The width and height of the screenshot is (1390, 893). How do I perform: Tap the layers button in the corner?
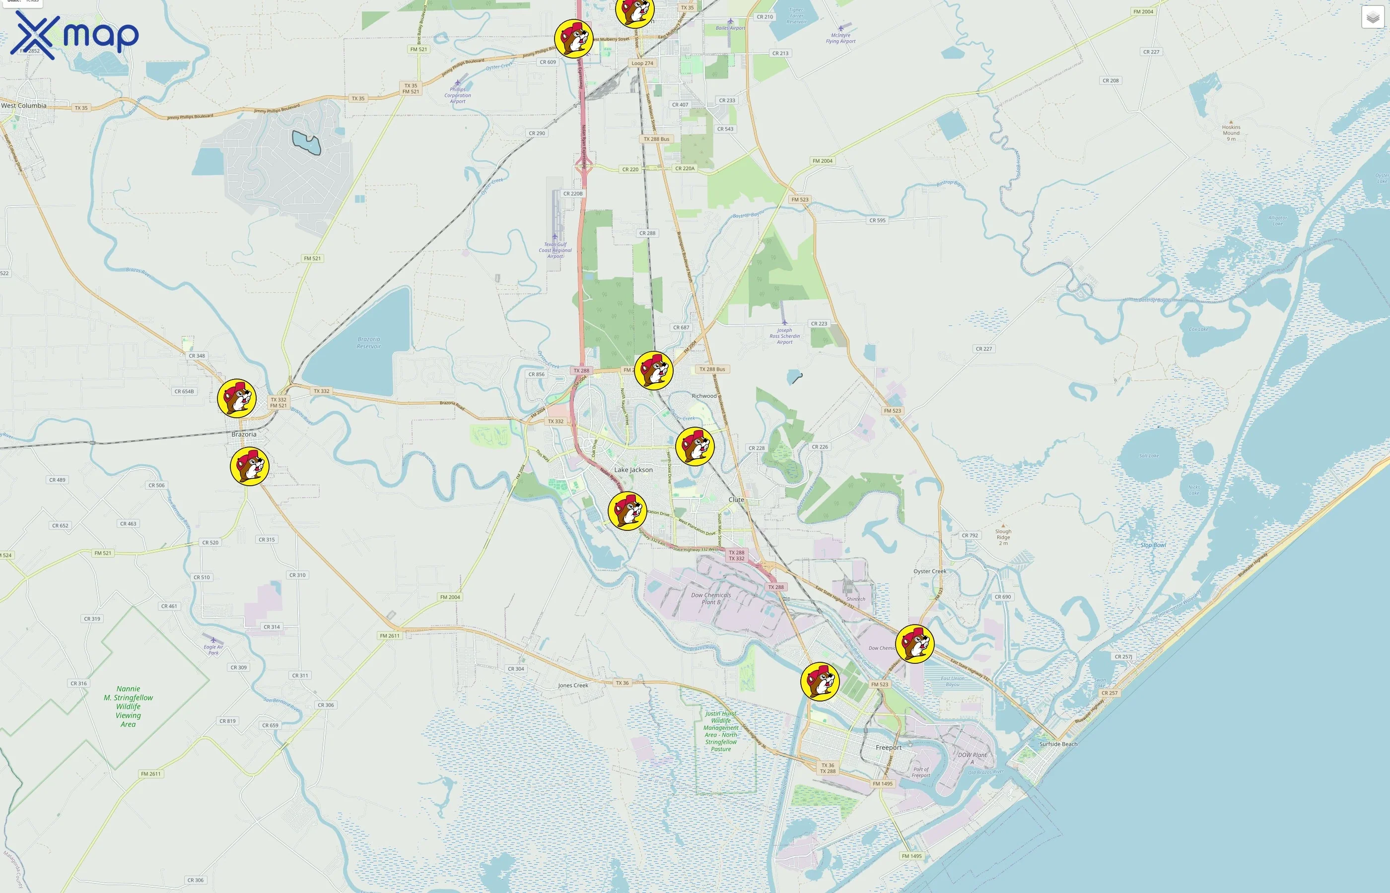[x=1372, y=17]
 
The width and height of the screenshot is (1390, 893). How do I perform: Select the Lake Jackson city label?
[x=633, y=470]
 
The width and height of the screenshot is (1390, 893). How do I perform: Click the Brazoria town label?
[x=244, y=434]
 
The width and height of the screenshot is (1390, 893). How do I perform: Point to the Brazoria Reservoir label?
[x=369, y=343]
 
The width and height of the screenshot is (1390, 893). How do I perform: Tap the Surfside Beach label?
[x=1058, y=744]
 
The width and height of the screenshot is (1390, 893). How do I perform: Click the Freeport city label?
[x=888, y=748]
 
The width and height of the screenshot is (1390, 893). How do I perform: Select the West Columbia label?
[x=24, y=106]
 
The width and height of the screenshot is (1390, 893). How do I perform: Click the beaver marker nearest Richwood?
[x=653, y=371]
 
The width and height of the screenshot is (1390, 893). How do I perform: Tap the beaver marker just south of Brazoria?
[x=250, y=466]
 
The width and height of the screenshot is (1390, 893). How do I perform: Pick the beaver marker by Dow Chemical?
[x=914, y=643]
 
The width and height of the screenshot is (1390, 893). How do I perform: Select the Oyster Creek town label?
[x=929, y=571]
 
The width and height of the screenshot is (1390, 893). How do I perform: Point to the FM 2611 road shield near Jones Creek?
[x=389, y=636]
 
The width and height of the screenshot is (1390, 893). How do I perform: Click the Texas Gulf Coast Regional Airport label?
[x=555, y=250]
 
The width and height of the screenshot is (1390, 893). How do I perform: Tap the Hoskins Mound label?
[x=1231, y=130]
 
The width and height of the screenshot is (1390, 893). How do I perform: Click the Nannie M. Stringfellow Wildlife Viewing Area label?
[x=128, y=706]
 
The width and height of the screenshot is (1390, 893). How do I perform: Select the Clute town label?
[x=736, y=499]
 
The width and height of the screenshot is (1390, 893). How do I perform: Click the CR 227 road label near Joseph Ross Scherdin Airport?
[x=983, y=349]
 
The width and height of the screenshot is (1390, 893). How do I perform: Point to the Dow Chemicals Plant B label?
[x=711, y=598]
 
